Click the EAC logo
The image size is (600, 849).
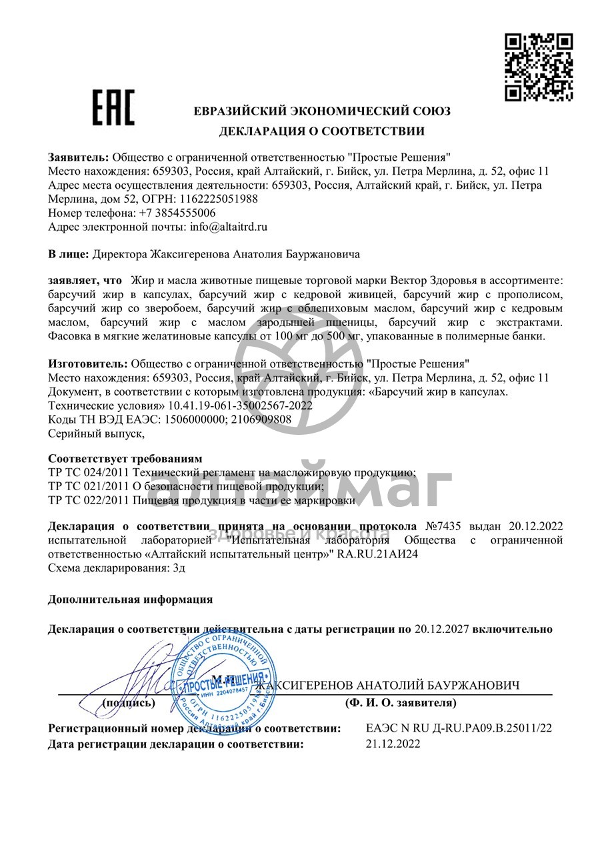pos(113,107)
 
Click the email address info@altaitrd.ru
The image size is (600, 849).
pos(229,227)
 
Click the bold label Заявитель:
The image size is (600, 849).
pos(78,157)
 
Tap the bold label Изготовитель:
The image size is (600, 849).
pos(88,363)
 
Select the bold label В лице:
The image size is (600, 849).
pos(68,254)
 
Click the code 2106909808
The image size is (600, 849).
pos(258,419)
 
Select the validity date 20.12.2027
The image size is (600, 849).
pos(442,628)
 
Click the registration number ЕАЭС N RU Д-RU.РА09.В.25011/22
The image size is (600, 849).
pos(459,729)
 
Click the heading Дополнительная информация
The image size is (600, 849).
pos(130,599)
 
